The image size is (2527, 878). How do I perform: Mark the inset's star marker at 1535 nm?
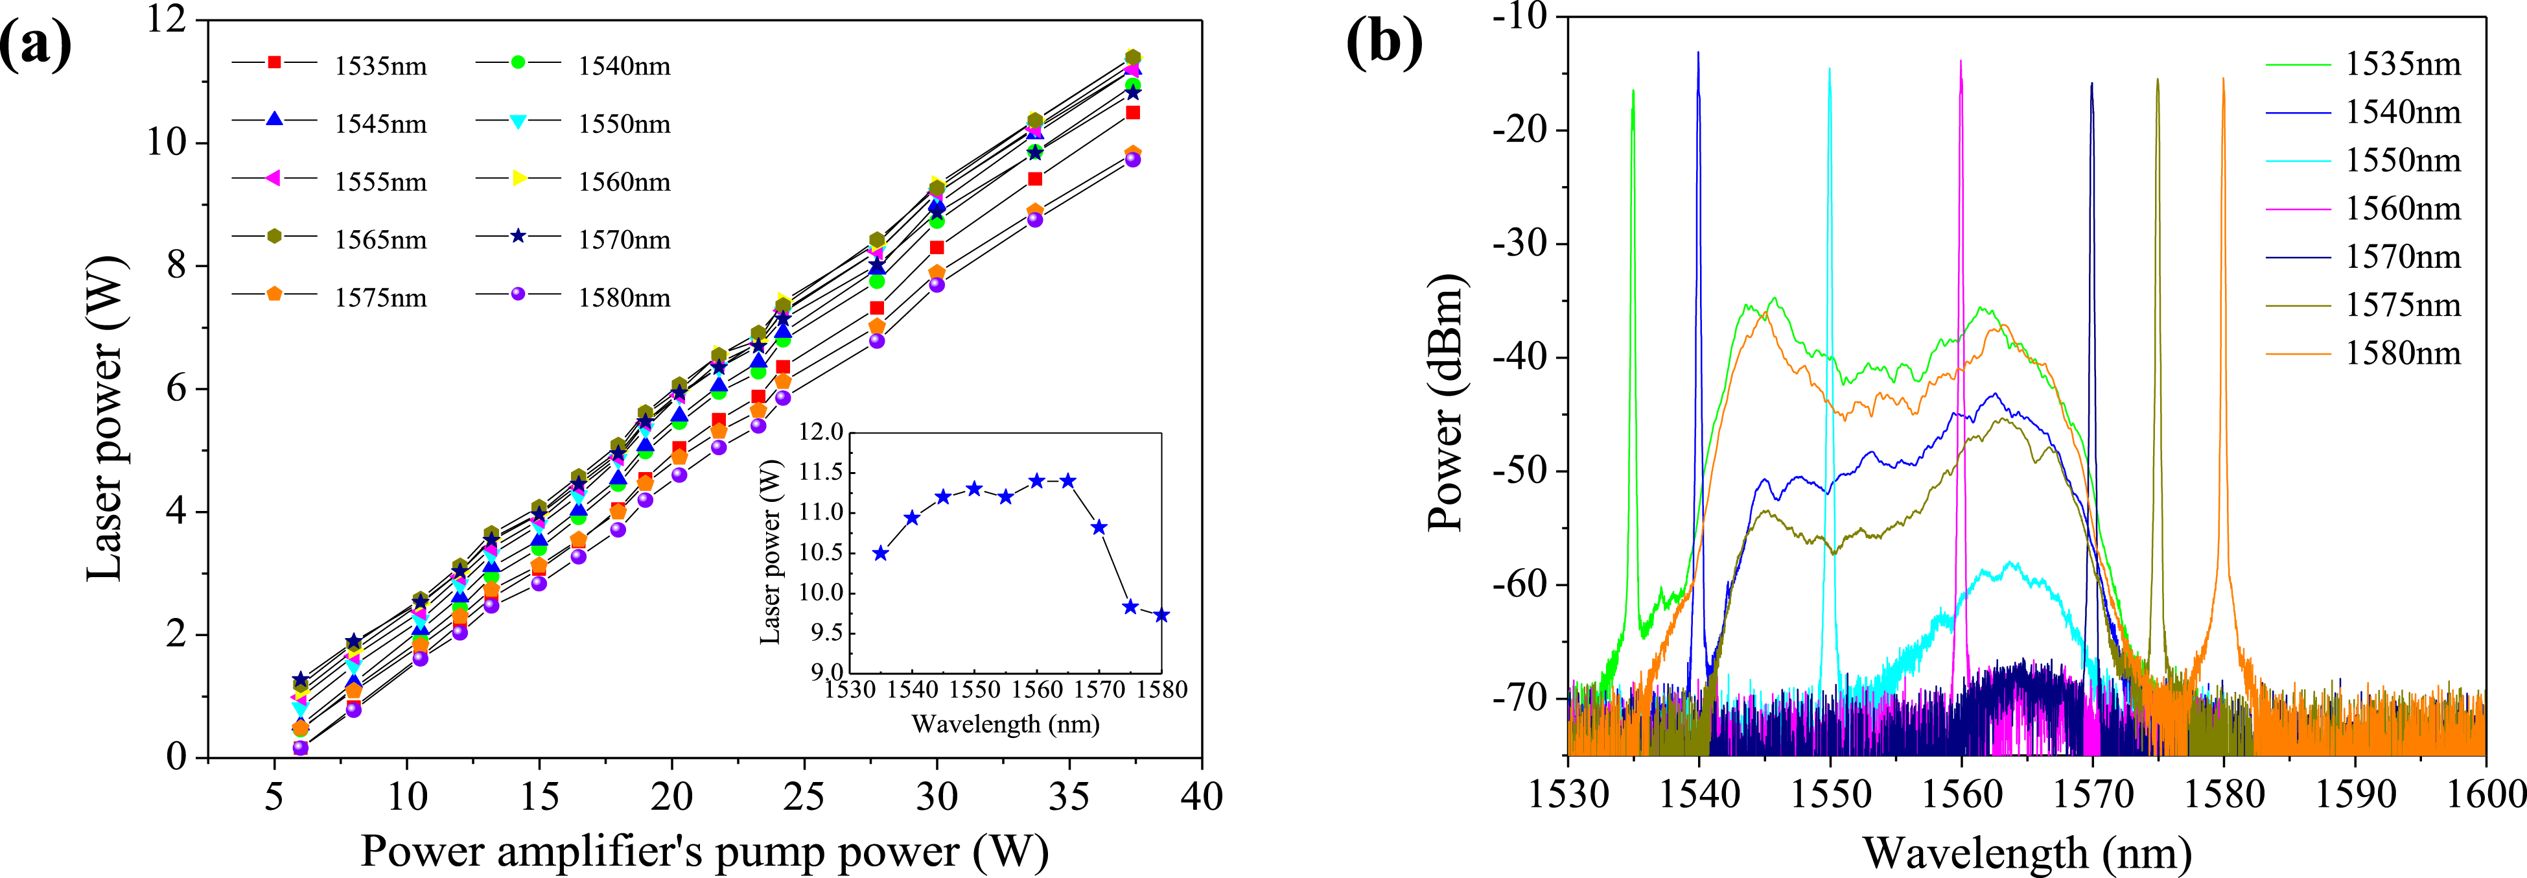pos(881,553)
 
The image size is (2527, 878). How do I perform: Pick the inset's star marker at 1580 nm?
pos(1161,616)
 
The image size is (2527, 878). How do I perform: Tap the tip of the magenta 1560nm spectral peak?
pos(1961,62)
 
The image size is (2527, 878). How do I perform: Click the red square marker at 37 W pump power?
pos(1133,113)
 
